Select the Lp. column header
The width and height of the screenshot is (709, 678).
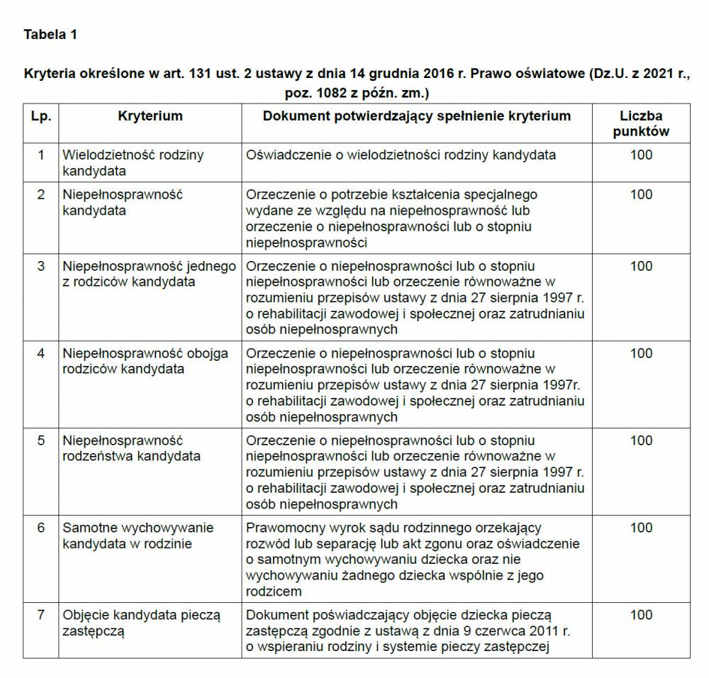(x=41, y=116)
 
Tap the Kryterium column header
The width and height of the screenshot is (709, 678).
(x=150, y=116)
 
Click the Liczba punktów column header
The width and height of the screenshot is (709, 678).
(x=641, y=123)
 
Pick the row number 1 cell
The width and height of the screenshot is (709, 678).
(x=41, y=155)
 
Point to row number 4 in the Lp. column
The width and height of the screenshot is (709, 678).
(x=41, y=353)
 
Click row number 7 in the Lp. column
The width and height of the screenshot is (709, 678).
(x=41, y=615)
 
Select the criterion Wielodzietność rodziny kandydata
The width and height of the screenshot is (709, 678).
(x=133, y=162)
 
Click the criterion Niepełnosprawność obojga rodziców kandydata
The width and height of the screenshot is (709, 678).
(x=145, y=361)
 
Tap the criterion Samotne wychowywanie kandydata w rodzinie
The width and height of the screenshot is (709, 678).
(x=138, y=535)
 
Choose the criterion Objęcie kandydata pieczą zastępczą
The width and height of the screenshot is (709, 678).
(x=142, y=623)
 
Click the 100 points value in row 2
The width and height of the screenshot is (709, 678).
(x=641, y=194)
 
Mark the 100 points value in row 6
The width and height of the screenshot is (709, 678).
(x=641, y=528)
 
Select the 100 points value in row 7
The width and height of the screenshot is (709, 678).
(x=641, y=615)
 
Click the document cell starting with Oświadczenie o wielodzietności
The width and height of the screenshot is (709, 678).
(x=401, y=155)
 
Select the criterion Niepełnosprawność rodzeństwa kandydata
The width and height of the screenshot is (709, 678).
(x=132, y=448)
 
